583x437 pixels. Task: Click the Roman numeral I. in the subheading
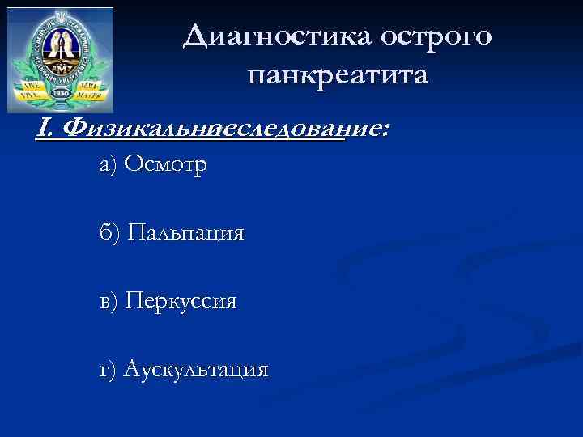click(45, 128)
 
